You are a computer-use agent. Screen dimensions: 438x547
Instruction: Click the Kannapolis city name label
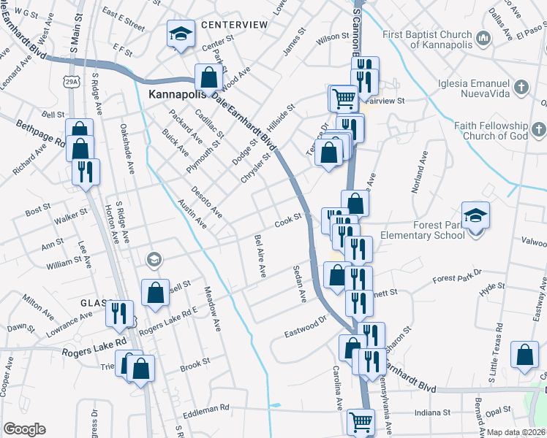tap(180, 96)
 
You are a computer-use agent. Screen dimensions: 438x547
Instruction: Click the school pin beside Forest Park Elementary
tap(475, 216)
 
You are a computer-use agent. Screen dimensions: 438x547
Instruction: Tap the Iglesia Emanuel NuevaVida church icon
tap(521, 88)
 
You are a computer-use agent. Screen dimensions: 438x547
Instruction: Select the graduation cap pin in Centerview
tap(181, 34)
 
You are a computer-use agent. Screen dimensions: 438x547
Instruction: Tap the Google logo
tap(24, 429)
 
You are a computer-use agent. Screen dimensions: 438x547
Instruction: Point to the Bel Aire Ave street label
tap(260, 256)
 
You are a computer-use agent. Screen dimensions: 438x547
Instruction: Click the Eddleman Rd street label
tap(205, 407)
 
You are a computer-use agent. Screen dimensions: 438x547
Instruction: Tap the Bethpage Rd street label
tap(41, 134)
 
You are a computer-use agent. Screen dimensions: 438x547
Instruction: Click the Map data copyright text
tap(516, 432)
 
